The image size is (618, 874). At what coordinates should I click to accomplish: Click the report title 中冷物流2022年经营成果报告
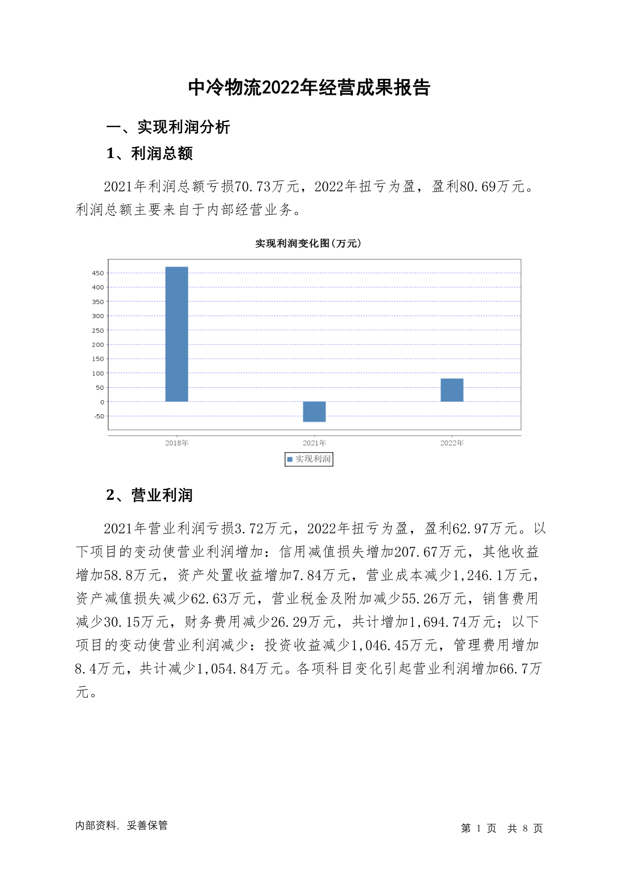point(309,88)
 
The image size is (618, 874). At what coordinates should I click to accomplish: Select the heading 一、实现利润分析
point(168,127)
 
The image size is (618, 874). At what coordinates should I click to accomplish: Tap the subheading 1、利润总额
point(149,154)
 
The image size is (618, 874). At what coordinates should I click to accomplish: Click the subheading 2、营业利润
point(149,495)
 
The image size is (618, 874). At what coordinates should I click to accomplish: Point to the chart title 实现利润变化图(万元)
point(308,243)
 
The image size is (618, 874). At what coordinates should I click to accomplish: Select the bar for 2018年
point(176,334)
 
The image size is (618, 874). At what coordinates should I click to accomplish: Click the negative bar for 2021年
point(314,412)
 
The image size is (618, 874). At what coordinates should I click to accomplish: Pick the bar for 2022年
point(452,390)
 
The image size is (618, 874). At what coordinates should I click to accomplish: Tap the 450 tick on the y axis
point(98,273)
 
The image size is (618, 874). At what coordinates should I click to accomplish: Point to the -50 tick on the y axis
point(99,416)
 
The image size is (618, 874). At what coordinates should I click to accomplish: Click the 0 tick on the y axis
point(102,402)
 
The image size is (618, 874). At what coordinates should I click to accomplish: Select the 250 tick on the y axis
point(98,330)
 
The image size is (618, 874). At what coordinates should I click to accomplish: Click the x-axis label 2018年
point(176,443)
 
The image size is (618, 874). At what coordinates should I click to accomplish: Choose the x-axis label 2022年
point(452,443)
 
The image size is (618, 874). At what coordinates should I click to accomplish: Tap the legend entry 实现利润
point(309,459)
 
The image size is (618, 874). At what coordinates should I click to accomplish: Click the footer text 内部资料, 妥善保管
point(121,825)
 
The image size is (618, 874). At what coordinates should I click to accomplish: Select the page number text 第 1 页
point(478,828)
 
